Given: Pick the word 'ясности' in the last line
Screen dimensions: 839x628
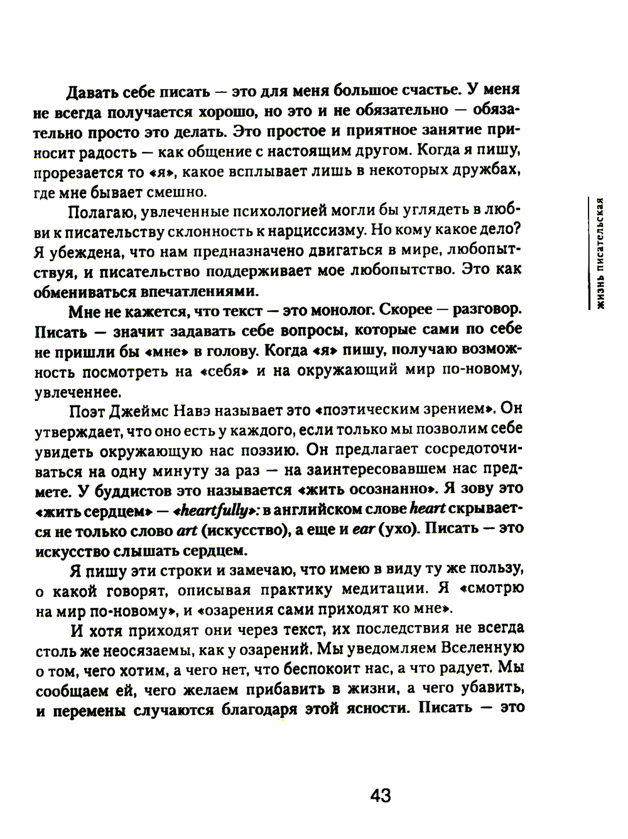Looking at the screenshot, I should pyautogui.click(x=374, y=709).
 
